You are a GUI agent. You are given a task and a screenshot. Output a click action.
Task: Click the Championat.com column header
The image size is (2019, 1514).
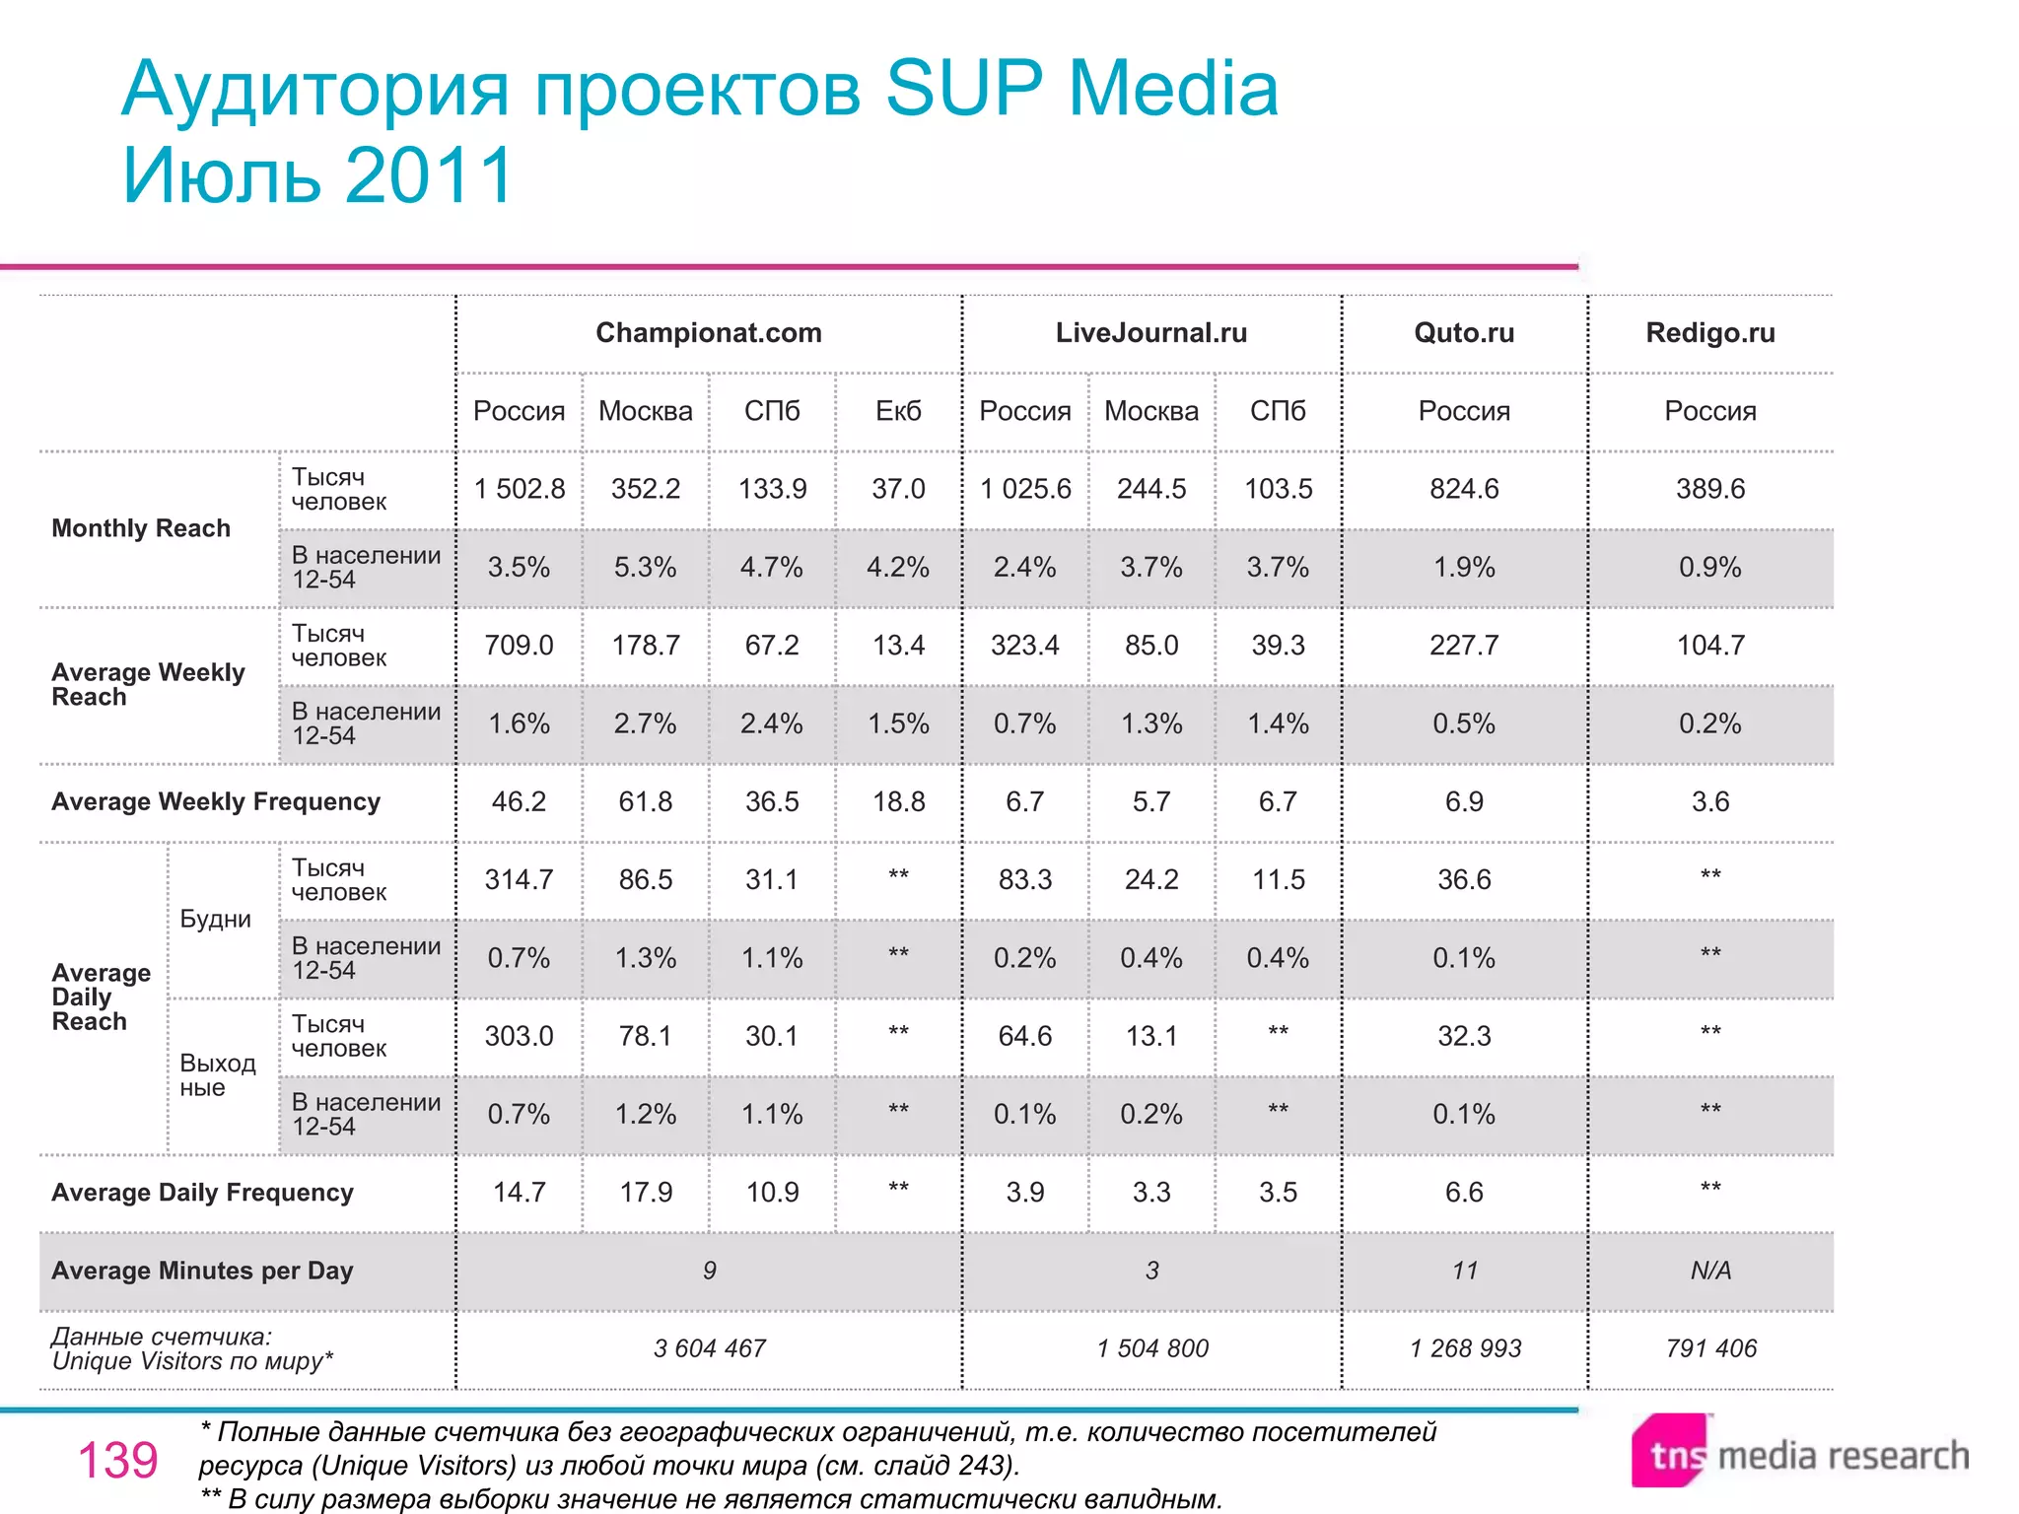tap(708, 333)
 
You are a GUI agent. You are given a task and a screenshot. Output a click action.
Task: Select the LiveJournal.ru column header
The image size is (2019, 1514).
tap(1150, 333)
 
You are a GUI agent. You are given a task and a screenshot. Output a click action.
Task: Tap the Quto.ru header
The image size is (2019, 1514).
tap(1464, 333)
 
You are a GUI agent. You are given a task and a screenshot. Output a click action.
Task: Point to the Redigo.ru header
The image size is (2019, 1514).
tap(1709, 333)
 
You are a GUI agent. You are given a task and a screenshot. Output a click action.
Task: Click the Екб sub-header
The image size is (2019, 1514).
tap(898, 411)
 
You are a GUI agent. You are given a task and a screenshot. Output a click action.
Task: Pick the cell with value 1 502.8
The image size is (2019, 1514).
tap(520, 489)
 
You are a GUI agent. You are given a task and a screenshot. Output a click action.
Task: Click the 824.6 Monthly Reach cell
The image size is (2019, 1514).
tap(1464, 489)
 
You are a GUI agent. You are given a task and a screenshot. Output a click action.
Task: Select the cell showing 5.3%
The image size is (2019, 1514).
tap(645, 567)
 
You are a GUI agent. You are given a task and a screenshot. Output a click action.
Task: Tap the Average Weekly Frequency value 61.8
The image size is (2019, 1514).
tap(645, 801)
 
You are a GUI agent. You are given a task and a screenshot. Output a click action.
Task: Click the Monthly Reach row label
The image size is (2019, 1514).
tap(141, 528)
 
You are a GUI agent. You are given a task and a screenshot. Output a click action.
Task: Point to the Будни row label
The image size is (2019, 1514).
tap(215, 919)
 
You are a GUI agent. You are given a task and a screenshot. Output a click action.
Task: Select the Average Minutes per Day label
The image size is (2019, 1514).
tap(202, 1271)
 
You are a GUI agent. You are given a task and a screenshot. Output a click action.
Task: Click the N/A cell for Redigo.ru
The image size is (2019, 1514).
tap(1709, 1271)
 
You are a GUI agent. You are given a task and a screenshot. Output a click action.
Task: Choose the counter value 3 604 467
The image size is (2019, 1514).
tap(709, 1348)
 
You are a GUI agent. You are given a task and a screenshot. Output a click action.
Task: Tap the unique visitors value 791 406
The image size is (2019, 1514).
tap(1710, 1348)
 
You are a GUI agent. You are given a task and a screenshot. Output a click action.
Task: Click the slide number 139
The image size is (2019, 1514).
tap(117, 1460)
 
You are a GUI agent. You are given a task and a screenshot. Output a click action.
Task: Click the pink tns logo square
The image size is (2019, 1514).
tap(1668, 1451)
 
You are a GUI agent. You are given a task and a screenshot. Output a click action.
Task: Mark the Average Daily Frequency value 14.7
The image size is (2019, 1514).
tap(520, 1193)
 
